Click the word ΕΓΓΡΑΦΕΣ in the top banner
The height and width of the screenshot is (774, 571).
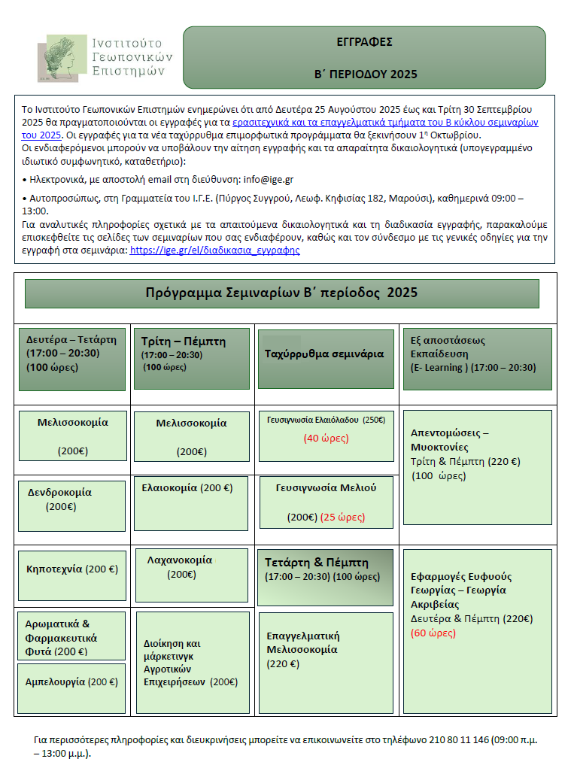point(365,43)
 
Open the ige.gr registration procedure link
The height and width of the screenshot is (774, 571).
point(214,250)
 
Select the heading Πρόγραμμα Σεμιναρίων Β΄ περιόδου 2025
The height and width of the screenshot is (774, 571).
point(281,293)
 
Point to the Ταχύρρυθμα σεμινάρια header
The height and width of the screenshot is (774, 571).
point(324,354)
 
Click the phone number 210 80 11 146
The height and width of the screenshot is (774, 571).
point(459,740)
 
